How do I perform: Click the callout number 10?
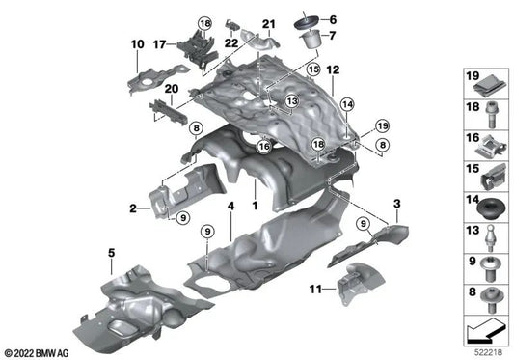136,43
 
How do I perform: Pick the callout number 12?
334,71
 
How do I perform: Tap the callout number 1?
255,207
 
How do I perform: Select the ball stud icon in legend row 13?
488,234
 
